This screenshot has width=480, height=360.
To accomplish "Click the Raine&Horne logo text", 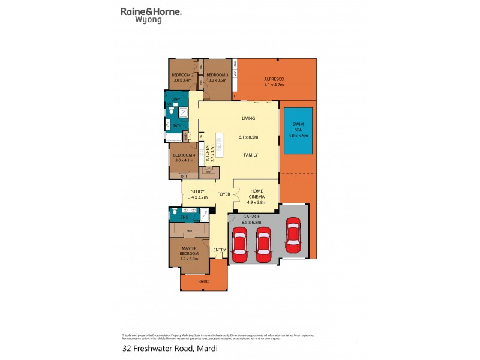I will [x=151, y=11].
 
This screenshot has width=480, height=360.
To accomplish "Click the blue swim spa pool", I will [x=298, y=132].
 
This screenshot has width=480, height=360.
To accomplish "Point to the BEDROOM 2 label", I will [x=182, y=74].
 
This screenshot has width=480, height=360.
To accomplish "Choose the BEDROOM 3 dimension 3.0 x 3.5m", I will [x=217, y=80].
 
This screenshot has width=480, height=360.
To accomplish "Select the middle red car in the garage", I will [x=264, y=246].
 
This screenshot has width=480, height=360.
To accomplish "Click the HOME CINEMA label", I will [x=256, y=195].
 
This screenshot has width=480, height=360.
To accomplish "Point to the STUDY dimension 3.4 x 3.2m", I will [x=197, y=197].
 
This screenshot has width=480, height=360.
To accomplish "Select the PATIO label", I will [x=204, y=280].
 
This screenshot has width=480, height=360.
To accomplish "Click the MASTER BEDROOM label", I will [x=189, y=251].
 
